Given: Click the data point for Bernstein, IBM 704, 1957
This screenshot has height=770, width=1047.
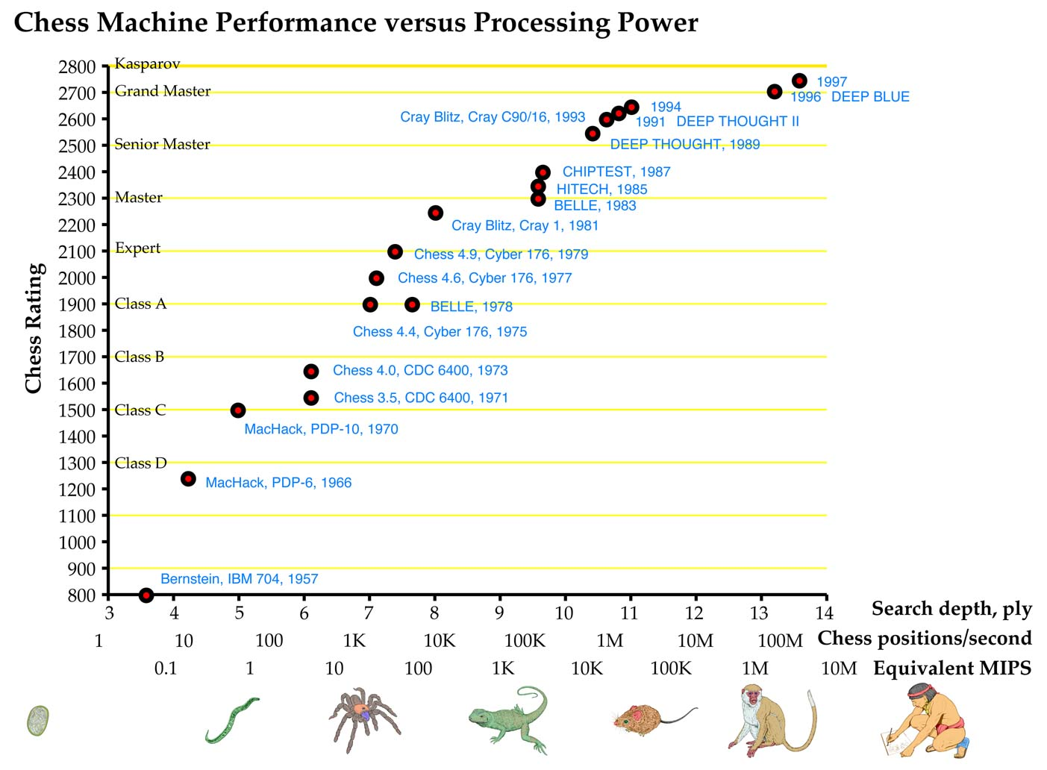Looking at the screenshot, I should [146, 595].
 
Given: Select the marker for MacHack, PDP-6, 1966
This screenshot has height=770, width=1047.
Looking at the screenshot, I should [188, 478].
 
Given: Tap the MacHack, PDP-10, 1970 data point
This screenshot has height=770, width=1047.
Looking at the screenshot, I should [238, 410].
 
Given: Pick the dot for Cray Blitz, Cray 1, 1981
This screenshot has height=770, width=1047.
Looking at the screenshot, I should [436, 213].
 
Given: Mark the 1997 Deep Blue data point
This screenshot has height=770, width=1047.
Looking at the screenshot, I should [799, 81].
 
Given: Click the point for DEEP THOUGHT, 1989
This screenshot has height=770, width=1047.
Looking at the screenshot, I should [593, 134].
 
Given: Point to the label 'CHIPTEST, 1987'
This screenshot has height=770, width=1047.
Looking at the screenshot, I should [616, 172].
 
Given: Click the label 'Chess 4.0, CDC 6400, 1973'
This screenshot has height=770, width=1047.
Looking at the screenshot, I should [420, 370].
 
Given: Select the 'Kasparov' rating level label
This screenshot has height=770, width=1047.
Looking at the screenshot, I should [147, 64].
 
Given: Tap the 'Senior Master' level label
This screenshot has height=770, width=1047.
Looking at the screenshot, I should [162, 144].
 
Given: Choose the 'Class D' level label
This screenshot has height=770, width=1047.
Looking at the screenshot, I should [140, 463].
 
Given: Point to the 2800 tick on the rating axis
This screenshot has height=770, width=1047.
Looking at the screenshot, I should [78, 66].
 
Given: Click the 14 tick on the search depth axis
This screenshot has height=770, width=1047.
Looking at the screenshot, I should [824, 613].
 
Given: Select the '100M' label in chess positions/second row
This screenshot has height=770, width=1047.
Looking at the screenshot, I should [780, 641].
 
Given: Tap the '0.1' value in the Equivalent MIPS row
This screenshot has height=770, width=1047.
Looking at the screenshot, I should [166, 669].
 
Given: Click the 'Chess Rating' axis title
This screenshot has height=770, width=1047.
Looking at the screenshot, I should [34, 328].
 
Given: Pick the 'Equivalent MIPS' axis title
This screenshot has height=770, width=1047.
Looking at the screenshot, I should [952, 669].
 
